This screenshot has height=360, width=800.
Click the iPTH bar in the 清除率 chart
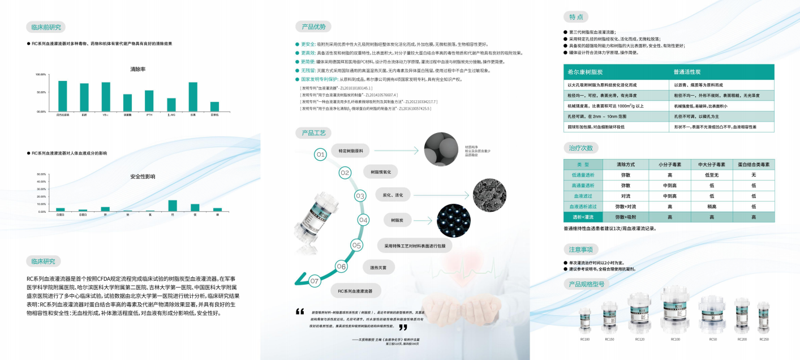tap(149, 101)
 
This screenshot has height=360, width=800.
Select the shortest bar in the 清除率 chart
tap(214, 106)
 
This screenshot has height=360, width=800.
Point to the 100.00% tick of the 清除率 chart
tap(41, 75)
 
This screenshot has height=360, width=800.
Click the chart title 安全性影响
tap(143, 177)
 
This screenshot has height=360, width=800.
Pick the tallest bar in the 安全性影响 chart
tap(172, 205)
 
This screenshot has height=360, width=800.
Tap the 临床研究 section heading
tap(44, 261)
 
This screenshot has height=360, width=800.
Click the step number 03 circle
tap(360, 196)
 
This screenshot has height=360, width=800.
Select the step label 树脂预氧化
tap(384, 172)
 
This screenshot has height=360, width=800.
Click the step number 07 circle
tap(315, 280)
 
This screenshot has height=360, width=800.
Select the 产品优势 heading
tap(312, 27)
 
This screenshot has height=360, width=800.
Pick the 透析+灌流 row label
tap(583, 217)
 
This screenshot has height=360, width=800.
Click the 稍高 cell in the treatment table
tap(711, 207)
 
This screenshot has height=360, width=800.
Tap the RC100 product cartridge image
tap(676, 310)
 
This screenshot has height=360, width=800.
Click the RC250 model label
tap(764, 339)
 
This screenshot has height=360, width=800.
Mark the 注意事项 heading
tap(580, 250)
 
